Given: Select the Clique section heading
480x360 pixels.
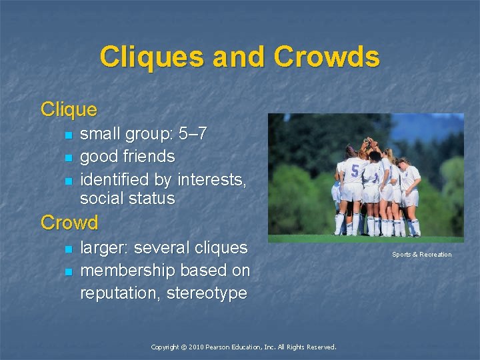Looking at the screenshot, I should click(69, 109).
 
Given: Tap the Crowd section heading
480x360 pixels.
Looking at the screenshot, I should click(69, 222).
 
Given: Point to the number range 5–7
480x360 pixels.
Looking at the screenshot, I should click(192, 134).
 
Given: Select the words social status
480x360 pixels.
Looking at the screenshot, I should click(127, 198).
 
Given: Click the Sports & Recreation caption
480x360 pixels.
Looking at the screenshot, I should click(421, 255).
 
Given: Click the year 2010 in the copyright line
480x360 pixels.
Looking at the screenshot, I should click(195, 347).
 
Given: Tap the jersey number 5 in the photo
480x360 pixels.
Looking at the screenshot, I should click(355, 171).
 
